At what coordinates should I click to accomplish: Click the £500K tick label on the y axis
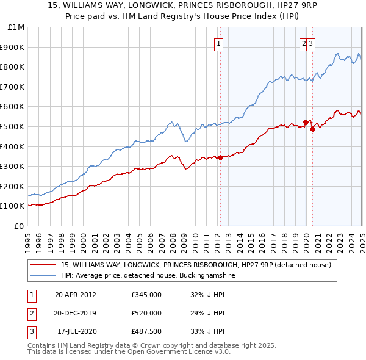coord(12,126)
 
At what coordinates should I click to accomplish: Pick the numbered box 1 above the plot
coord(218,43)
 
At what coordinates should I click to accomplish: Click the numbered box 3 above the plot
coord(310,43)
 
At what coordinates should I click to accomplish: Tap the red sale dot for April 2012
coord(220,157)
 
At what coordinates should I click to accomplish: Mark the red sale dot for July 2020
coord(312,129)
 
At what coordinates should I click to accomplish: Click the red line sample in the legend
coord(43,265)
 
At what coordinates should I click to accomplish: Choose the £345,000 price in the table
coord(146,295)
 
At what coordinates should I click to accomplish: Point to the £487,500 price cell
coord(146,331)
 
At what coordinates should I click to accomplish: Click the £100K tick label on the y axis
coord(12,206)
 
